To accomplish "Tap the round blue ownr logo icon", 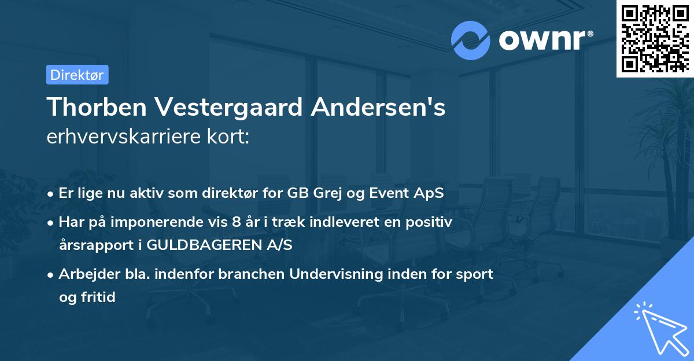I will [471, 40].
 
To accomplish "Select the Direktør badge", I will [77, 75].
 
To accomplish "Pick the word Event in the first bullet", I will [390, 193].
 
